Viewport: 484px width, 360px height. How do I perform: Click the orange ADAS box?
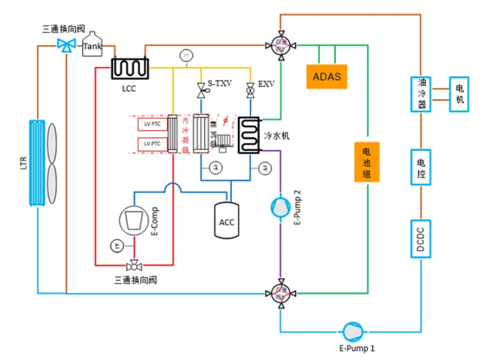click(326, 77)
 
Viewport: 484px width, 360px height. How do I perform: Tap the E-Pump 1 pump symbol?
click(353, 330)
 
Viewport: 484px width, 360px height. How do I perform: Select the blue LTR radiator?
click(38, 161)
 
